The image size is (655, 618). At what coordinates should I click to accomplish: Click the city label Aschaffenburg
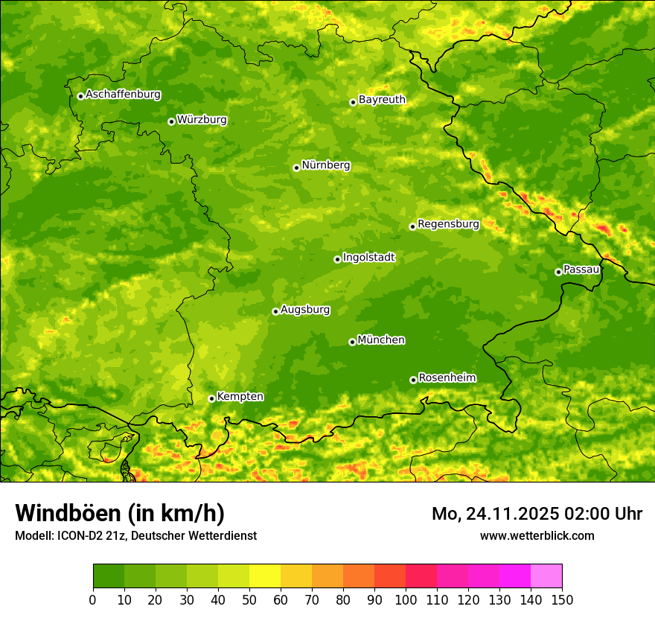click(x=123, y=95)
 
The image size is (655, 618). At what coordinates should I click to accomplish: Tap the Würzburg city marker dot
click(x=171, y=121)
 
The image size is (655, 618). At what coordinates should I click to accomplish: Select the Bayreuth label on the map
click(x=382, y=100)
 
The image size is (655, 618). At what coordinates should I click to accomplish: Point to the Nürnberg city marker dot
click(x=296, y=168)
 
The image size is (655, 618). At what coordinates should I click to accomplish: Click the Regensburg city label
click(x=448, y=224)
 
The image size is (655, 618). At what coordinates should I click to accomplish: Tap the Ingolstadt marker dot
click(x=337, y=259)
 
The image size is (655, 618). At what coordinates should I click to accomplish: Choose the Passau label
click(x=581, y=270)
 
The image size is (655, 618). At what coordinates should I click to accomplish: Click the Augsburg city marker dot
click(x=275, y=311)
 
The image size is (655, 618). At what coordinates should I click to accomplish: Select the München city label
click(x=381, y=340)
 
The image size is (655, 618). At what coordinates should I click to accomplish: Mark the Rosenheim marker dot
click(x=413, y=380)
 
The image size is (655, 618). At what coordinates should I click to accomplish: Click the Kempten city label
click(x=240, y=397)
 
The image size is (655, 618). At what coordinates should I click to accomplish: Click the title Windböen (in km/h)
click(x=120, y=514)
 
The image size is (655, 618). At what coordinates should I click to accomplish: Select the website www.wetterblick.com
click(x=537, y=535)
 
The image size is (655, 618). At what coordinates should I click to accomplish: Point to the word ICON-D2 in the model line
click(x=80, y=535)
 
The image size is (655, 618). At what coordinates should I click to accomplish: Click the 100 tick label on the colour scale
click(x=406, y=599)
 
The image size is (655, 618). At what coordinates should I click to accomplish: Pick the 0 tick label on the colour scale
click(x=93, y=599)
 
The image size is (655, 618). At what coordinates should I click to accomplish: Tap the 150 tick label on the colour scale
click(x=562, y=599)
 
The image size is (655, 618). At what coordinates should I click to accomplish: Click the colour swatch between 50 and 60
click(x=265, y=576)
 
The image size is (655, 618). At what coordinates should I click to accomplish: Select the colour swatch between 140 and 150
click(x=546, y=576)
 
